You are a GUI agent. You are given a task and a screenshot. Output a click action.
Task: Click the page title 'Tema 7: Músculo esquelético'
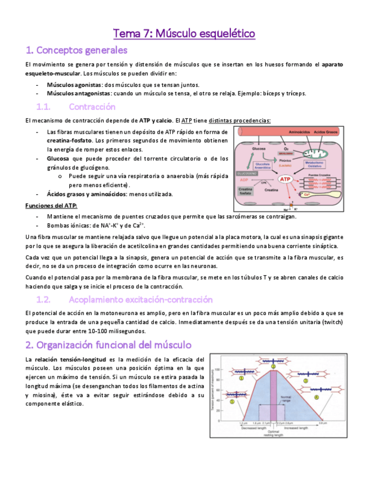pyautogui.click(x=184, y=34)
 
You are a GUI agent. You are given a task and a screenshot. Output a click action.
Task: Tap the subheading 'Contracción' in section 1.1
pyautogui.click(x=92, y=107)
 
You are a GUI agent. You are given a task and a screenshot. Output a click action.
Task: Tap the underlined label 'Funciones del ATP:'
pyautogui.click(x=52, y=205)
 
